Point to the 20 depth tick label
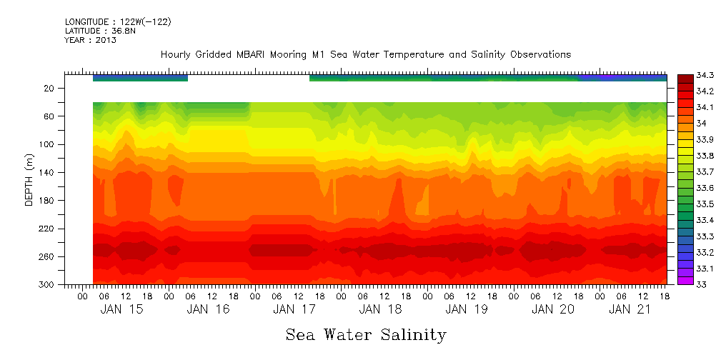tap(49, 88)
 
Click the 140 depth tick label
tap(46, 172)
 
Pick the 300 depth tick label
tap(46, 284)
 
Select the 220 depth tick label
tap(46, 229)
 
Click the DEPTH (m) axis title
tap(29, 181)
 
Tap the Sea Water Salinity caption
tap(366, 335)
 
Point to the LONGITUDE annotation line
tap(118, 21)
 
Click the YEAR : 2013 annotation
tap(91, 40)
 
